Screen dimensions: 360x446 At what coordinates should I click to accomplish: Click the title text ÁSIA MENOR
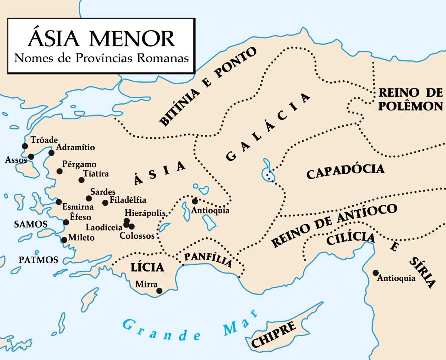(101, 39)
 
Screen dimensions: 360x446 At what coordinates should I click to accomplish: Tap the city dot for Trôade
(25, 146)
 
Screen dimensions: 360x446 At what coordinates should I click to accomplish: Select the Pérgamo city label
(79, 164)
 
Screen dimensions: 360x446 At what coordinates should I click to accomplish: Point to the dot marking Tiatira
(81, 180)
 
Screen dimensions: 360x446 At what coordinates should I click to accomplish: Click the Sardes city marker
(88, 198)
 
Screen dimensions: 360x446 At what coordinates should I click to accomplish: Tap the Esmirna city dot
(59, 202)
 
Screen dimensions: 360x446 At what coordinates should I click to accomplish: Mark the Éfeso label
(80, 217)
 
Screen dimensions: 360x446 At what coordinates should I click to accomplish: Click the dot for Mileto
(64, 240)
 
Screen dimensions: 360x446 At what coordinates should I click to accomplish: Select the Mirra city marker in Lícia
(159, 291)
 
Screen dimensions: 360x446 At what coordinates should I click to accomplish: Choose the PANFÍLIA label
(208, 260)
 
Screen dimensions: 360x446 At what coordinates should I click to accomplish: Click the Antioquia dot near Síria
(376, 273)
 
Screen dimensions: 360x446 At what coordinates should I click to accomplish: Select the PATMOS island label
(39, 260)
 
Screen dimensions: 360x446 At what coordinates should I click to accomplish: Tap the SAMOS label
(30, 224)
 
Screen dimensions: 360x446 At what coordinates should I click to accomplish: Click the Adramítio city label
(76, 148)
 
